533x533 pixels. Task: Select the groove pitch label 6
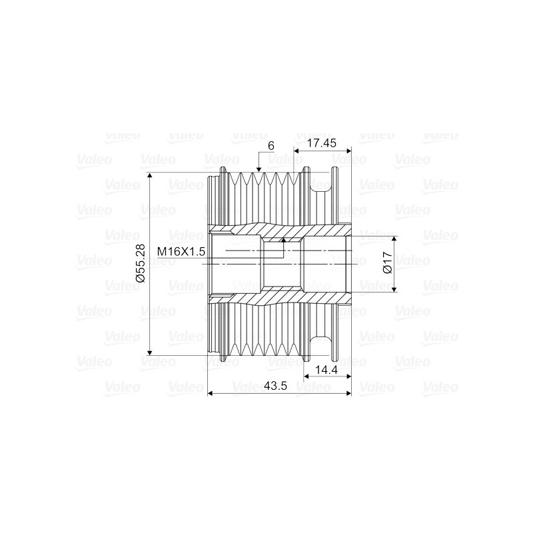pyautogui.click(x=271, y=145)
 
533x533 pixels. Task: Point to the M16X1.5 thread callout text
pyautogui.click(x=180, y=251)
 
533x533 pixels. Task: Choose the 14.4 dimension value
pyautogui.click(x=327, y=370)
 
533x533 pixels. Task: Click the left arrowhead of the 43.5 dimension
pyautogui.click(x=212, y=394)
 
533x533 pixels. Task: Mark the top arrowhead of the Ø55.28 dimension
pyautogui.click(x=150, y=176)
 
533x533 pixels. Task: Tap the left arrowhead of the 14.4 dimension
pyautogui.click(x=307, y=378)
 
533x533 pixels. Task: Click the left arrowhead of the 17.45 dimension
pyautogui.click(x=297, y=153)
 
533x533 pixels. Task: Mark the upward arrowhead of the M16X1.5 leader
pyautogui.click(x=283, y=239)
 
